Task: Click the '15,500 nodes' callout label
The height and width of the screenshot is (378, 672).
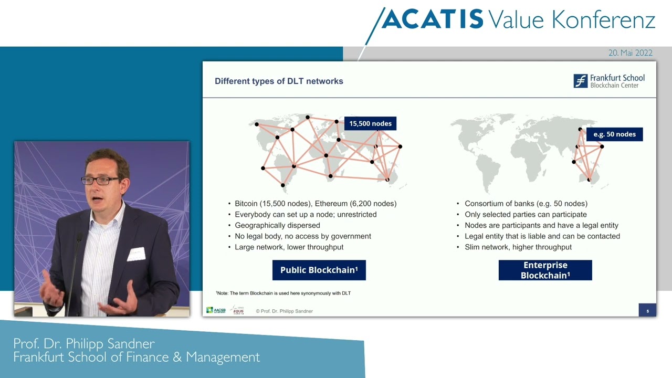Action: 370,123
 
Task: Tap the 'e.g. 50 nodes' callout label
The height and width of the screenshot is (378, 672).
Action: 614,134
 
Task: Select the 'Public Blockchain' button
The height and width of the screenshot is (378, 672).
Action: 319,270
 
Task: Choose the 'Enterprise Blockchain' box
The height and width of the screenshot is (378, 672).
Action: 545,270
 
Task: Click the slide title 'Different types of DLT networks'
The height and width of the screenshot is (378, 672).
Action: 279,81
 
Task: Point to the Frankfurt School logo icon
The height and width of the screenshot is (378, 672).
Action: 580,81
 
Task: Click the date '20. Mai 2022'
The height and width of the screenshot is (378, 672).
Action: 630,53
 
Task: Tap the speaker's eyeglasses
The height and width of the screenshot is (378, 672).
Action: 100,180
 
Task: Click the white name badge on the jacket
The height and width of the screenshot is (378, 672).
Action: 136,254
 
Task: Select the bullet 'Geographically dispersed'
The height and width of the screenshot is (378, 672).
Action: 277,225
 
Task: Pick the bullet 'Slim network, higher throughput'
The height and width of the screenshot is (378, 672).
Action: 518,247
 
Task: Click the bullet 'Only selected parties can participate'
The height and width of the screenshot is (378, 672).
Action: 526,214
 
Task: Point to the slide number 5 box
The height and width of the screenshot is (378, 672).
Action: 647,310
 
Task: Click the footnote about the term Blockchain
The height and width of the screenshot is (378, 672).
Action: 283,293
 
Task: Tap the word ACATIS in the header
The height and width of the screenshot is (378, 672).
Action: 432,20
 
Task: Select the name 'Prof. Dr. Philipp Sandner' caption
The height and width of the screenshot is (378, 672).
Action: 84,344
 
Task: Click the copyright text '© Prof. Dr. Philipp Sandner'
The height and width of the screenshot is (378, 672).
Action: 284,311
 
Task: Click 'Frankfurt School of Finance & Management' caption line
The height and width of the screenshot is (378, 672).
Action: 136,358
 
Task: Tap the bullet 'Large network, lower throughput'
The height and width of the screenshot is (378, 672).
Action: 289,247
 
